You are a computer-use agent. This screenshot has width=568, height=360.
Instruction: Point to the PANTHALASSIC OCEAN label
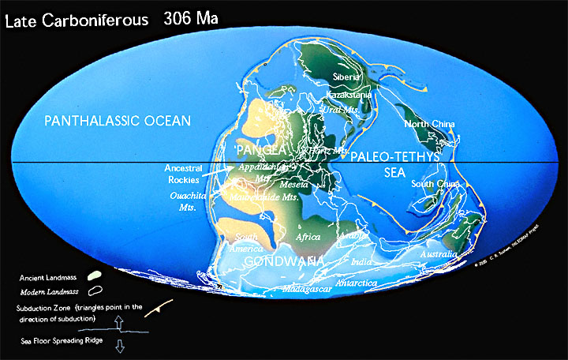(118, 121)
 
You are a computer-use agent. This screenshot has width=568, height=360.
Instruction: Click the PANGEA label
(253, 148)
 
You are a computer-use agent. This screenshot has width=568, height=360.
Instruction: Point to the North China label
(429, 124)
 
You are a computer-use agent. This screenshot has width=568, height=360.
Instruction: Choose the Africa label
(308, 237)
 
